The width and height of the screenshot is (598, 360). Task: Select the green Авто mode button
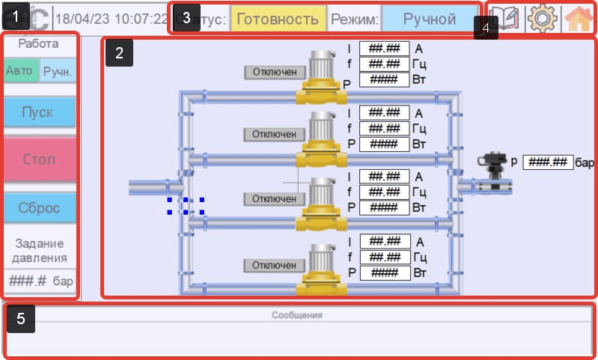[x=19, y=71]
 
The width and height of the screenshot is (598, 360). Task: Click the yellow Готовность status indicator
[x=278, y=19]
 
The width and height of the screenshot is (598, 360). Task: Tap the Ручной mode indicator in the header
[x=429, y=19]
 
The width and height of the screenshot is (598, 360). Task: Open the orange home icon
[x=579, y=18]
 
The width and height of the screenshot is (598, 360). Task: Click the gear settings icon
[x=540, y=18]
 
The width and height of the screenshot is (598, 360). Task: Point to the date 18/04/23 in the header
[x=82, y=19]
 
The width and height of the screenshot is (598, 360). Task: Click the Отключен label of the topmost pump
[x=275, y=72]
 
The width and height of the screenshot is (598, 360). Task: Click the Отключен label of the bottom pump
[x=275, y=265]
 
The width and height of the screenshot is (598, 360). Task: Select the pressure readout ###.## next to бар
[x=548, y=162]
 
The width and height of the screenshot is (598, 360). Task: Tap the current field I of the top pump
[x=384, y=49]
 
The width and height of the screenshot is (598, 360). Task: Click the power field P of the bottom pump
[x=384, y=272]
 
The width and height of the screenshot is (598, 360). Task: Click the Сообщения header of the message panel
[x=296, y=315]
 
